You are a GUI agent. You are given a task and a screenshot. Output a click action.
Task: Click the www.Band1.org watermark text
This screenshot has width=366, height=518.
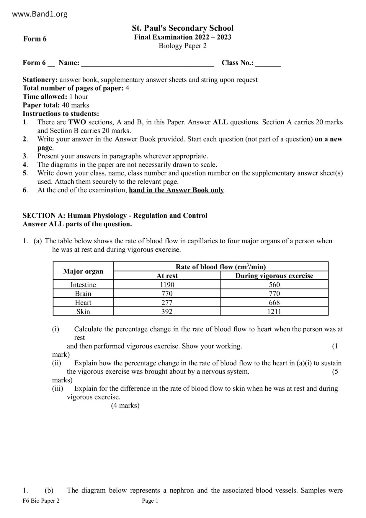40,14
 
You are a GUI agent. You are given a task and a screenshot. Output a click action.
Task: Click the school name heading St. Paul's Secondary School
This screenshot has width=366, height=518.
182,28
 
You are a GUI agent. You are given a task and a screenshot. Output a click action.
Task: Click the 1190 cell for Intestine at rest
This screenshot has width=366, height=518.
167,285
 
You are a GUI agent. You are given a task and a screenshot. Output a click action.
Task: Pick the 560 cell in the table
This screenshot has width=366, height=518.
274,285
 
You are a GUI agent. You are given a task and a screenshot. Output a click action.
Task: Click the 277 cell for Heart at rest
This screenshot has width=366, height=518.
167,302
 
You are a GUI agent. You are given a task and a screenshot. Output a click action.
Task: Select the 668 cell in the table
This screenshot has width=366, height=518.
274,302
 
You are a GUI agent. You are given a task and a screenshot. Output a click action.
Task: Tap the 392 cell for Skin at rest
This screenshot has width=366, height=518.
167,311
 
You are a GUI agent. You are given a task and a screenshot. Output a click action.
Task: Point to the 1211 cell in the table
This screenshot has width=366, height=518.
274,311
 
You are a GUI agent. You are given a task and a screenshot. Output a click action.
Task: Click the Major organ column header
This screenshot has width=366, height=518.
83,271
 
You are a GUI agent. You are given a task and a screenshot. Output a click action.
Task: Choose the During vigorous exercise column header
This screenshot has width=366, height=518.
274,276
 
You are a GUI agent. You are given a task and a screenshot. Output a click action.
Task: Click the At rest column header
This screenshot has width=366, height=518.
167,276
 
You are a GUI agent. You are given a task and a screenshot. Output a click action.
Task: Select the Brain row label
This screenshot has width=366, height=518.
83,294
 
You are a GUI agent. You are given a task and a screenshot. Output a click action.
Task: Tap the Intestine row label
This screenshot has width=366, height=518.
83,285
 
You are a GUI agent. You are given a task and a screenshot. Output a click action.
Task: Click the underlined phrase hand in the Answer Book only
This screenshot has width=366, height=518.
176,190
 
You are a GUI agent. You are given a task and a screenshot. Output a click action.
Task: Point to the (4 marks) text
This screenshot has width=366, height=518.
125,405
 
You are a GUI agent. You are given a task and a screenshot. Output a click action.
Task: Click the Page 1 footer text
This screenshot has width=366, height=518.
150,501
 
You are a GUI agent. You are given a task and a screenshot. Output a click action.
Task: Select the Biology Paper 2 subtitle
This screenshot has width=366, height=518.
182,46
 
